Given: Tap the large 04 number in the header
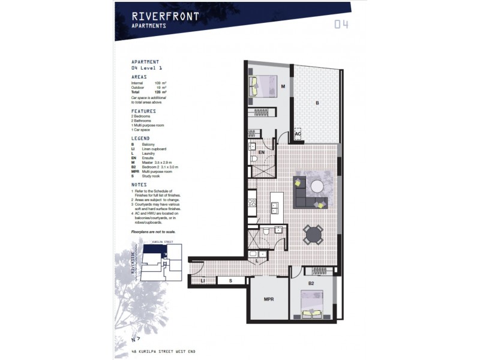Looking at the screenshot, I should click(x=341, y=25).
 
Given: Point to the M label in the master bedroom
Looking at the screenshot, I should click(x=283, y=86).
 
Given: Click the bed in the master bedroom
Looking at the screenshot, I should click(x=262, y=86).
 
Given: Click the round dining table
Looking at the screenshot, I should click(x=313, y=234).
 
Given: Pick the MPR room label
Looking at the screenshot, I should click(x=269, y=299).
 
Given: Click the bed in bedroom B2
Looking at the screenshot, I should click(x=311, y=304).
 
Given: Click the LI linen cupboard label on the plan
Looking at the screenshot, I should click(x=203, y=281).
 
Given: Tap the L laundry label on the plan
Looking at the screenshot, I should click(x=257, y=260).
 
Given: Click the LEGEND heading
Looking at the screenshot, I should click(x=142, y=139).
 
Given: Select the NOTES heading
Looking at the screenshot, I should click(x=139, y=185).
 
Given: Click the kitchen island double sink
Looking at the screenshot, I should click(x=275, y=208).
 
